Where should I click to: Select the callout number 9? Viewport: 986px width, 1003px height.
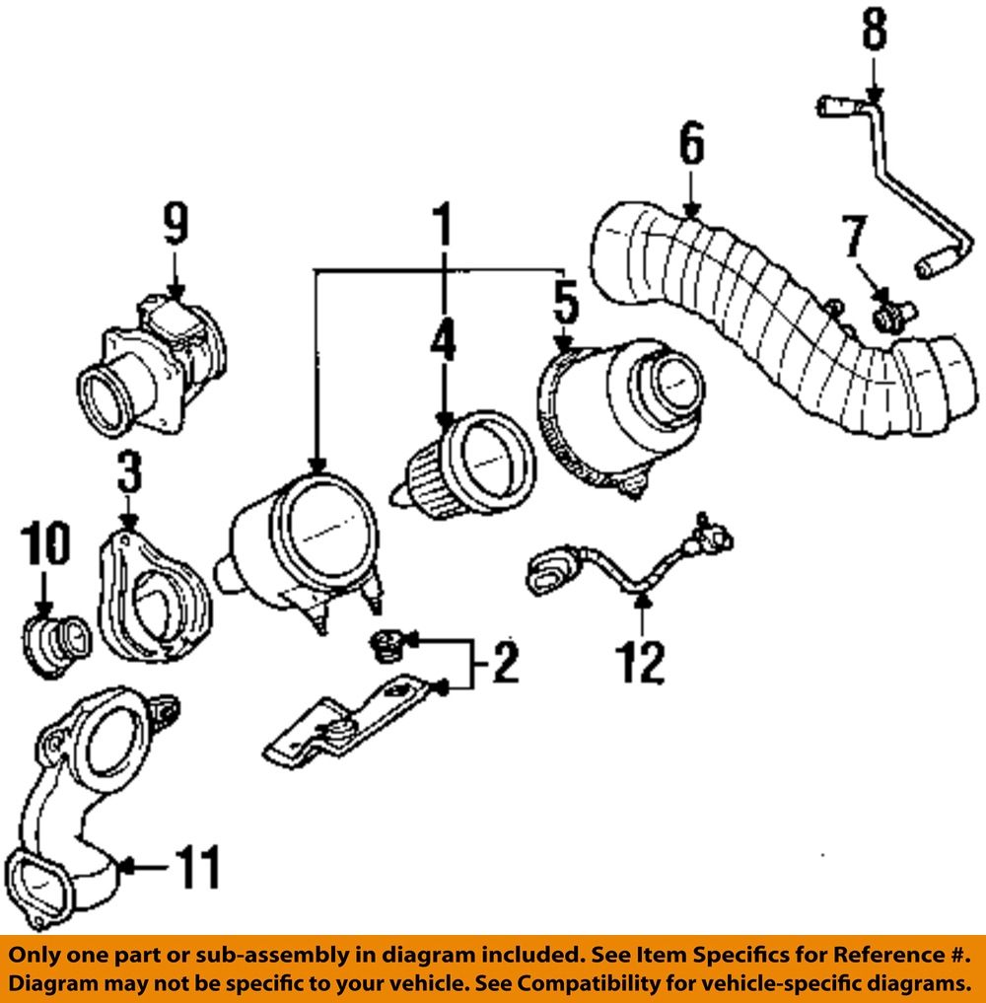175,226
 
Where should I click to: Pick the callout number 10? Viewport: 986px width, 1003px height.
44,546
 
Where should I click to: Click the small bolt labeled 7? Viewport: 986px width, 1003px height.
888,315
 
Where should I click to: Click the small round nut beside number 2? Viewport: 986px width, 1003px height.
384,647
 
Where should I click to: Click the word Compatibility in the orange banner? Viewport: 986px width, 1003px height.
588,983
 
